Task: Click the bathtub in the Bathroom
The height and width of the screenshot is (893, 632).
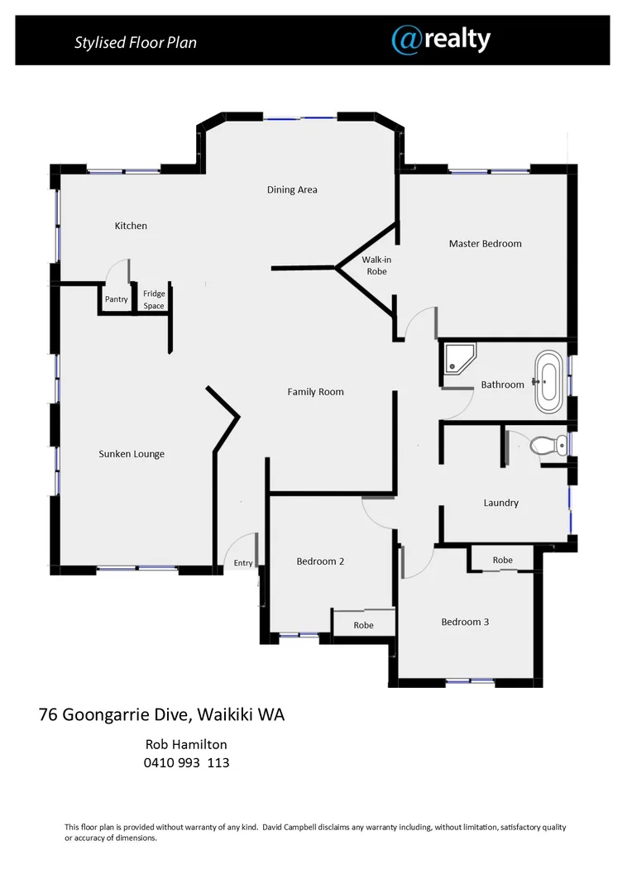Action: click(x=548, y=382)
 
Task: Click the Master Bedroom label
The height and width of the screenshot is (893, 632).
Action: click(x=485, y=243)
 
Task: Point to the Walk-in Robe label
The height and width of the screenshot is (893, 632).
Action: click(x=376, y=265)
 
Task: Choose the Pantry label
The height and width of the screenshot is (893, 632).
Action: click(x=117, y=299)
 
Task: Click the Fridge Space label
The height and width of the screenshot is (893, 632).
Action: click(x=154, y=299)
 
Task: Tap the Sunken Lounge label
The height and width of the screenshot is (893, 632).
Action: click(x=132, y=454)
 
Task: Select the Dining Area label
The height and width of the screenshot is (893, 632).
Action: click(x=292, y=189)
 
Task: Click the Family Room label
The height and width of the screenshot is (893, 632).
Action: click(x=315, y=392)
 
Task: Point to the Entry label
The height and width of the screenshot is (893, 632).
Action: click(x=243, y=563)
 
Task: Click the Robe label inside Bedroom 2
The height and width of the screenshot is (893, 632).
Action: click(x=363, y=625)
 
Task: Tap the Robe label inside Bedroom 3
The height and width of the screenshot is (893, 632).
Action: click(x=502, y=560)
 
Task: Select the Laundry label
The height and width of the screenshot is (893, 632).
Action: click(x=500, y=503)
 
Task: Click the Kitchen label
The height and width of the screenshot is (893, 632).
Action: click(x=131, y=226)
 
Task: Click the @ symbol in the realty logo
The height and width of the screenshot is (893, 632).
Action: click(x=407, y=40)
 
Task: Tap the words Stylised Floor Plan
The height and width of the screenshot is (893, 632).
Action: click(x=136, y=42)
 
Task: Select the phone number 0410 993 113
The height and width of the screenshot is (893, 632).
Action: click(x=186, y=762)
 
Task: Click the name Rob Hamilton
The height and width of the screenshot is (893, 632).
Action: click(x=186, y=744)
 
